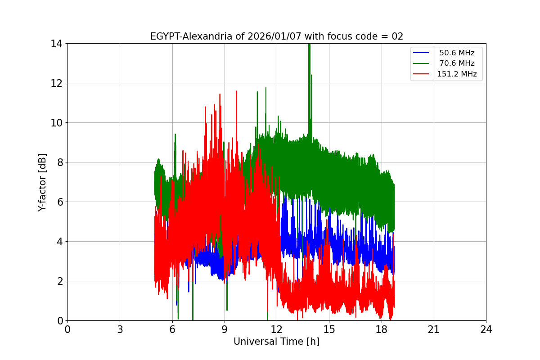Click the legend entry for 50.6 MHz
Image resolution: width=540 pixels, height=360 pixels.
(x=457, y=53)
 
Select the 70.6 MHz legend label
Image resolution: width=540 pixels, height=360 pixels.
(x=457, y=63)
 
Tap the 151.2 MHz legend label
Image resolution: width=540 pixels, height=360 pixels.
(x=457, y=74)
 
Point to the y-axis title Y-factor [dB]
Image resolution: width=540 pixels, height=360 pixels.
(x=43, y=182)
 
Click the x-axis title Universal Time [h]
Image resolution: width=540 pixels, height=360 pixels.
(x=276, y=342)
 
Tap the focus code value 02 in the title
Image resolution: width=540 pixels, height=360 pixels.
(x=397, y=36)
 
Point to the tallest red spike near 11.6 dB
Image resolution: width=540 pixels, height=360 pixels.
(x=236, y=92)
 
